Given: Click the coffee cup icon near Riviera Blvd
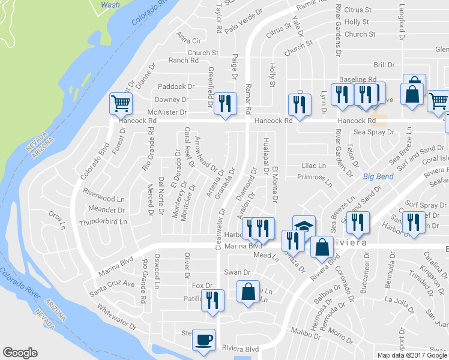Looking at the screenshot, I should tap(203, 340).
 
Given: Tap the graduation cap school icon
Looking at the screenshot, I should tap(304, 226).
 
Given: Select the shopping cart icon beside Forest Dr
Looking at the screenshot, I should tap(121, 103).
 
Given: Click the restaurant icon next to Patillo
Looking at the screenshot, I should tap(212, 299).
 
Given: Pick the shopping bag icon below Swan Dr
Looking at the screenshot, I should tap(248, 292).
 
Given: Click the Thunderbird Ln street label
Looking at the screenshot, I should tap(104, 221).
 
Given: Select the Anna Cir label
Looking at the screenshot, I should tap(188, 41).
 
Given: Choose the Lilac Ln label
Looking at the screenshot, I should tap(313, 166).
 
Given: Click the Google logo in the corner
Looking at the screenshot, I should tap(20, 353).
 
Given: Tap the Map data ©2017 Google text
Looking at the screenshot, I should tap(411, 355).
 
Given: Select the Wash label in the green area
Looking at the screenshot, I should tap(110, 4).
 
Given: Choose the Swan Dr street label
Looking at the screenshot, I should tap(232, 272).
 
